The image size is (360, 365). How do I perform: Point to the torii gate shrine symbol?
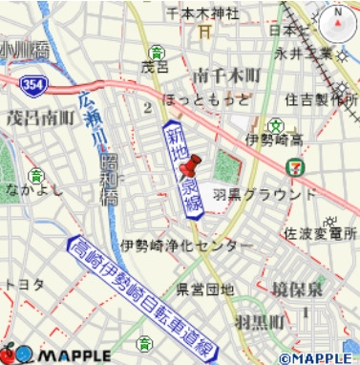(202, 32)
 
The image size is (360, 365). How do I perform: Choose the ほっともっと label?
(201, 98)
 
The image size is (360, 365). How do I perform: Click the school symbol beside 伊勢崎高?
(275, 125)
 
